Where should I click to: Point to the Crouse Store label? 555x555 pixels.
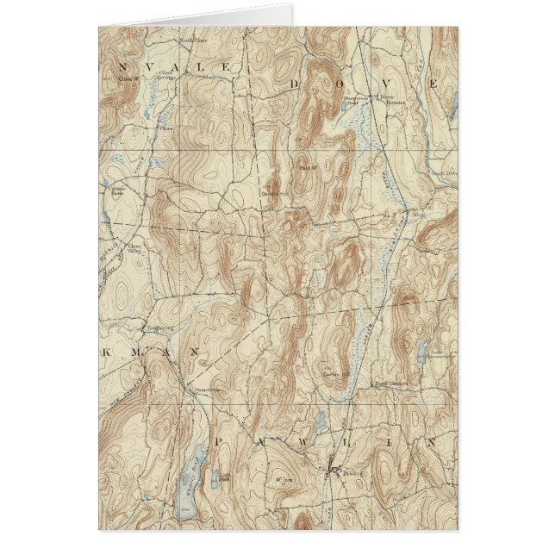pyautogui.click(x=117, y=190)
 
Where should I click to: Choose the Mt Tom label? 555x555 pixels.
pyautogui.click(x=277, y=476)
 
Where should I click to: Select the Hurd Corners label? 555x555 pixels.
pyautogui.click(x=390, y=383)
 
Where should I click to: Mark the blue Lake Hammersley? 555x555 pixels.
pyautogui.click(x=421, y=351)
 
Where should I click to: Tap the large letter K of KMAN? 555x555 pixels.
pyautogui.click(x=104, y=354)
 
